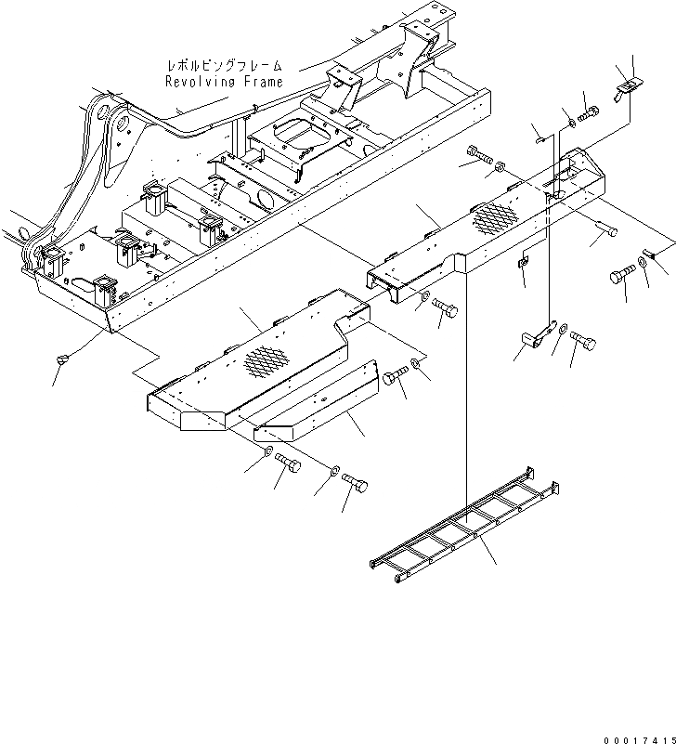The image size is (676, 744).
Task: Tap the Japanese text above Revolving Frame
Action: click(x=223, y=67)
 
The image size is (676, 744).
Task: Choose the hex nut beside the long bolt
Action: click(x=500, y=167)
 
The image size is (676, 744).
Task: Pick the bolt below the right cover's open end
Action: click(x=444, y=308)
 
